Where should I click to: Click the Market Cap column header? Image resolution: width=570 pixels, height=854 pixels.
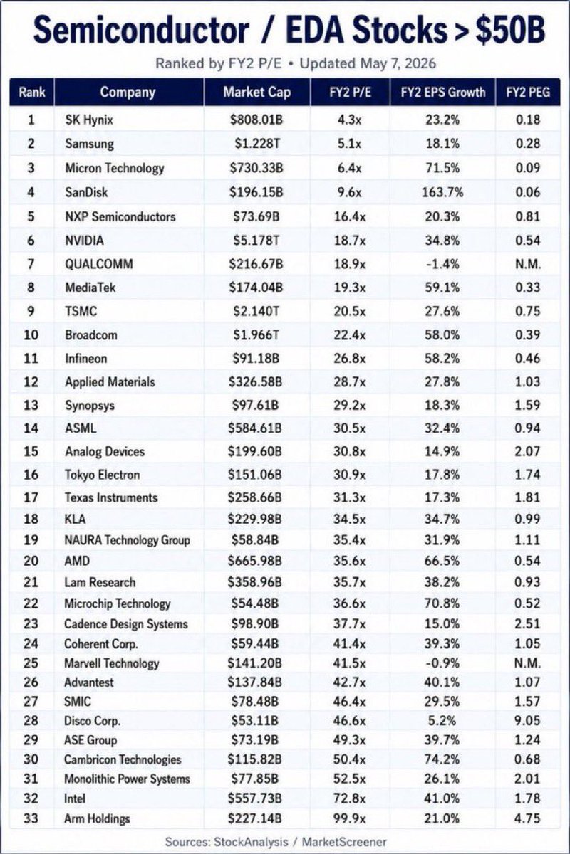[x=257, y=93]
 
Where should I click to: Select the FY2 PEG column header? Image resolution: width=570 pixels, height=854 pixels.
[x=528, y=93]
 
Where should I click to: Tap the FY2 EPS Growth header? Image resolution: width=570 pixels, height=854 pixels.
[x=443, y=93]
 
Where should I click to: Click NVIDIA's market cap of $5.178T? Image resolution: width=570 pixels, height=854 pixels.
[x=256, y=241]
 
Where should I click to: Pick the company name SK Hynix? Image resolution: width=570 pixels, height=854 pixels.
[x=89, y=120]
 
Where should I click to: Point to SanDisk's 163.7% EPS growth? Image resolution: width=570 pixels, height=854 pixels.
[x=442, y=191]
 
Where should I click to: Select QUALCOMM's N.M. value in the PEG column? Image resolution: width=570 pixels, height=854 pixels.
[x=528, y=264]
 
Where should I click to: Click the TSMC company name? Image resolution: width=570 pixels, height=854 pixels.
[x=81, y=311]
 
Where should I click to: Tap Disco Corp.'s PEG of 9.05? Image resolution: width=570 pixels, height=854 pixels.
[x=528, y=720]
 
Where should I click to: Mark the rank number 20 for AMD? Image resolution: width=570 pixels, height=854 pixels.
[x=31, y=561]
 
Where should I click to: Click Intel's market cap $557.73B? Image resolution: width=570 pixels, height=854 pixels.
[x=254, y=798]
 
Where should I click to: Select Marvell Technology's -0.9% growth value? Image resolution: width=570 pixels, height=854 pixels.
[x=442, y=663]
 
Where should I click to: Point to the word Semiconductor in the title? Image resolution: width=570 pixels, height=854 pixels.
[x=141, y=31]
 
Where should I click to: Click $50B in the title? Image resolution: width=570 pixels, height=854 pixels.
[x=510, y=31]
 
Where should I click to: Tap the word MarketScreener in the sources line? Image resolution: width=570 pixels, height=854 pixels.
[x=344, y=842]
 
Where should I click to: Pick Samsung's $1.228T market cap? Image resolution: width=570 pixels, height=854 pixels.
[x=257, y=143]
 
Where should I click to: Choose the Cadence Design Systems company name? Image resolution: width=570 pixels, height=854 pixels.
[x=126, y=623]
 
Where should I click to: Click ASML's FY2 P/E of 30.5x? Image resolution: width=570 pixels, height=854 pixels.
[x=349, y=428]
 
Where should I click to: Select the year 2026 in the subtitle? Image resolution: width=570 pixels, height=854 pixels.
[x=420, y=63]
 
